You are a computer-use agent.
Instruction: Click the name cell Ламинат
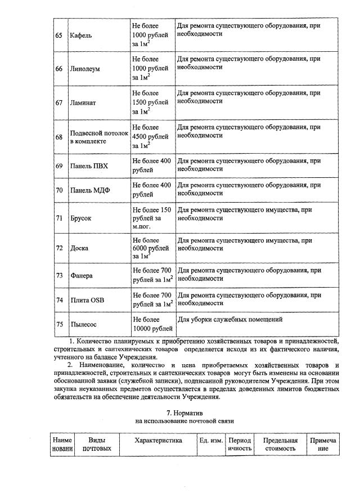pos(83,103)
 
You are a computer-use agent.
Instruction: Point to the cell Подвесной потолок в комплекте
pos(97,137)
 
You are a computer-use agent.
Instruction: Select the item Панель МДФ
pos(90,190)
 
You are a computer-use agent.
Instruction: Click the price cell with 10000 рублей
pos(152,324)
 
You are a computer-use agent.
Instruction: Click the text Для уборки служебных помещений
pos(229,320)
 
